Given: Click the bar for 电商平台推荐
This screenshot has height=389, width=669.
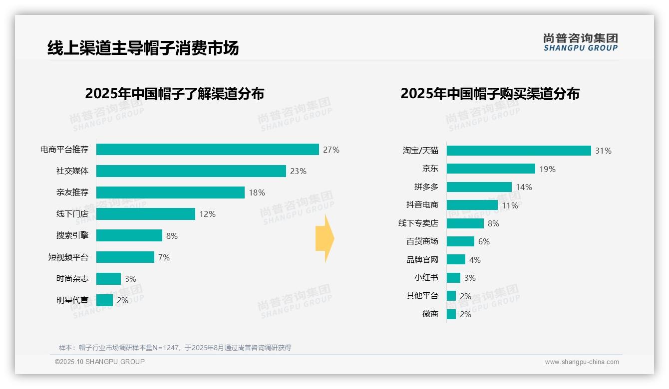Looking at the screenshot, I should click(207, 150).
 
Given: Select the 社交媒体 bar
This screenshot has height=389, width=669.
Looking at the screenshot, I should click(191, 171).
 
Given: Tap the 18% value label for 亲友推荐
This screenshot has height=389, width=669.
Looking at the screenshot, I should click(257, 193).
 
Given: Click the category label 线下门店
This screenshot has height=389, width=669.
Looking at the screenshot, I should click(72, 214).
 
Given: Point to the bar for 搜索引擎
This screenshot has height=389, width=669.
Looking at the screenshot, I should click(129, 235).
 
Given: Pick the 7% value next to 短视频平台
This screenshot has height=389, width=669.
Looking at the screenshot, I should click(164, 257).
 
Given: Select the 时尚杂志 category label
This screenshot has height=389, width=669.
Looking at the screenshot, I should click(72, 279).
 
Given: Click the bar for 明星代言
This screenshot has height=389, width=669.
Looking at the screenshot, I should click(104, 300).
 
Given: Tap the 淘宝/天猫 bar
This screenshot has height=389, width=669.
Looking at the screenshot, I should click(518, 151).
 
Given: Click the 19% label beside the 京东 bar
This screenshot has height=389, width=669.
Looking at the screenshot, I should click(547, 169).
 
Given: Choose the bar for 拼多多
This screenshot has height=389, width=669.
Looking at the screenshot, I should click(479, 187).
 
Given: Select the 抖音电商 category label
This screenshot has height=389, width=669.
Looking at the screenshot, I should click(422, 205).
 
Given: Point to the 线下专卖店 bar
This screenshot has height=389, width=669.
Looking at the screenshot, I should click(465, 223).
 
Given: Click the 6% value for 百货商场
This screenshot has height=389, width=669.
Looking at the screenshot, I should click(484, 241).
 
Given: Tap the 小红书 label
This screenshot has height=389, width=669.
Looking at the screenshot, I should click(426, 278).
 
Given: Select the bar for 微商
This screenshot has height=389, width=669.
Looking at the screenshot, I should click(451, 314).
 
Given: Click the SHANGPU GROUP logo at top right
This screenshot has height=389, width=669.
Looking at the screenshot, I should click(580, 42).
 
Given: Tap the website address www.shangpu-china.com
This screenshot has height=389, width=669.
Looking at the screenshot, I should click(582, 362).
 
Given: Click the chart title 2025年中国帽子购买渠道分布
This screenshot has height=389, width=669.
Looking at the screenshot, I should click(490, 94).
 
